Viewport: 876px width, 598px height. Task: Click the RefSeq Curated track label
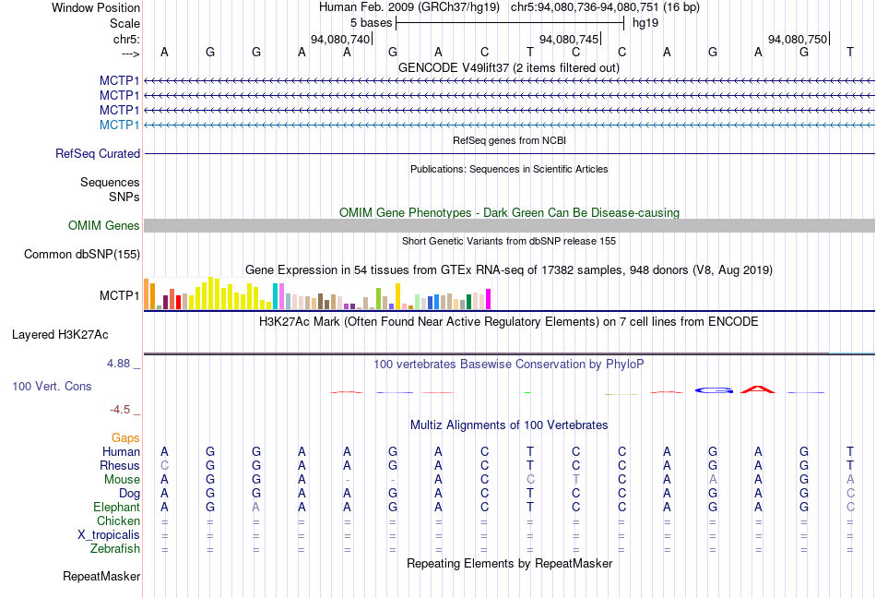[98, 154]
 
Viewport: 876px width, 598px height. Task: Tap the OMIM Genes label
[104, 226]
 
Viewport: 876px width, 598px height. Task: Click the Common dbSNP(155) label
[82, 255]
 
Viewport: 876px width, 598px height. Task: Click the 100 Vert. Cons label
[52, 386]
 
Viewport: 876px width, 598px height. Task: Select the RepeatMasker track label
[101, 577]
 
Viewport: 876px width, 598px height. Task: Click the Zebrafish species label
[115, 549]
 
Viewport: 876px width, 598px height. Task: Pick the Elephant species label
[116, 507]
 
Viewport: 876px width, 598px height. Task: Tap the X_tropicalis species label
[109, 535]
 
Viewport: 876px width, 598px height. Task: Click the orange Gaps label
[125, 437]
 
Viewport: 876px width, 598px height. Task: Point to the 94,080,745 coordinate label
[569, 40]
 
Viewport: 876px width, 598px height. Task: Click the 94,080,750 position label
[798, 40]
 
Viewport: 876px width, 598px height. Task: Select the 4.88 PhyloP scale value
[120, 364]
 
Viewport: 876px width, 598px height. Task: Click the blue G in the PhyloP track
[713, 389]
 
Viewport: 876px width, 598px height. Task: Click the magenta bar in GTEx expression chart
[488, 299]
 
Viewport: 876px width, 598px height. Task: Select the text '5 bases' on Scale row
[371, 22]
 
